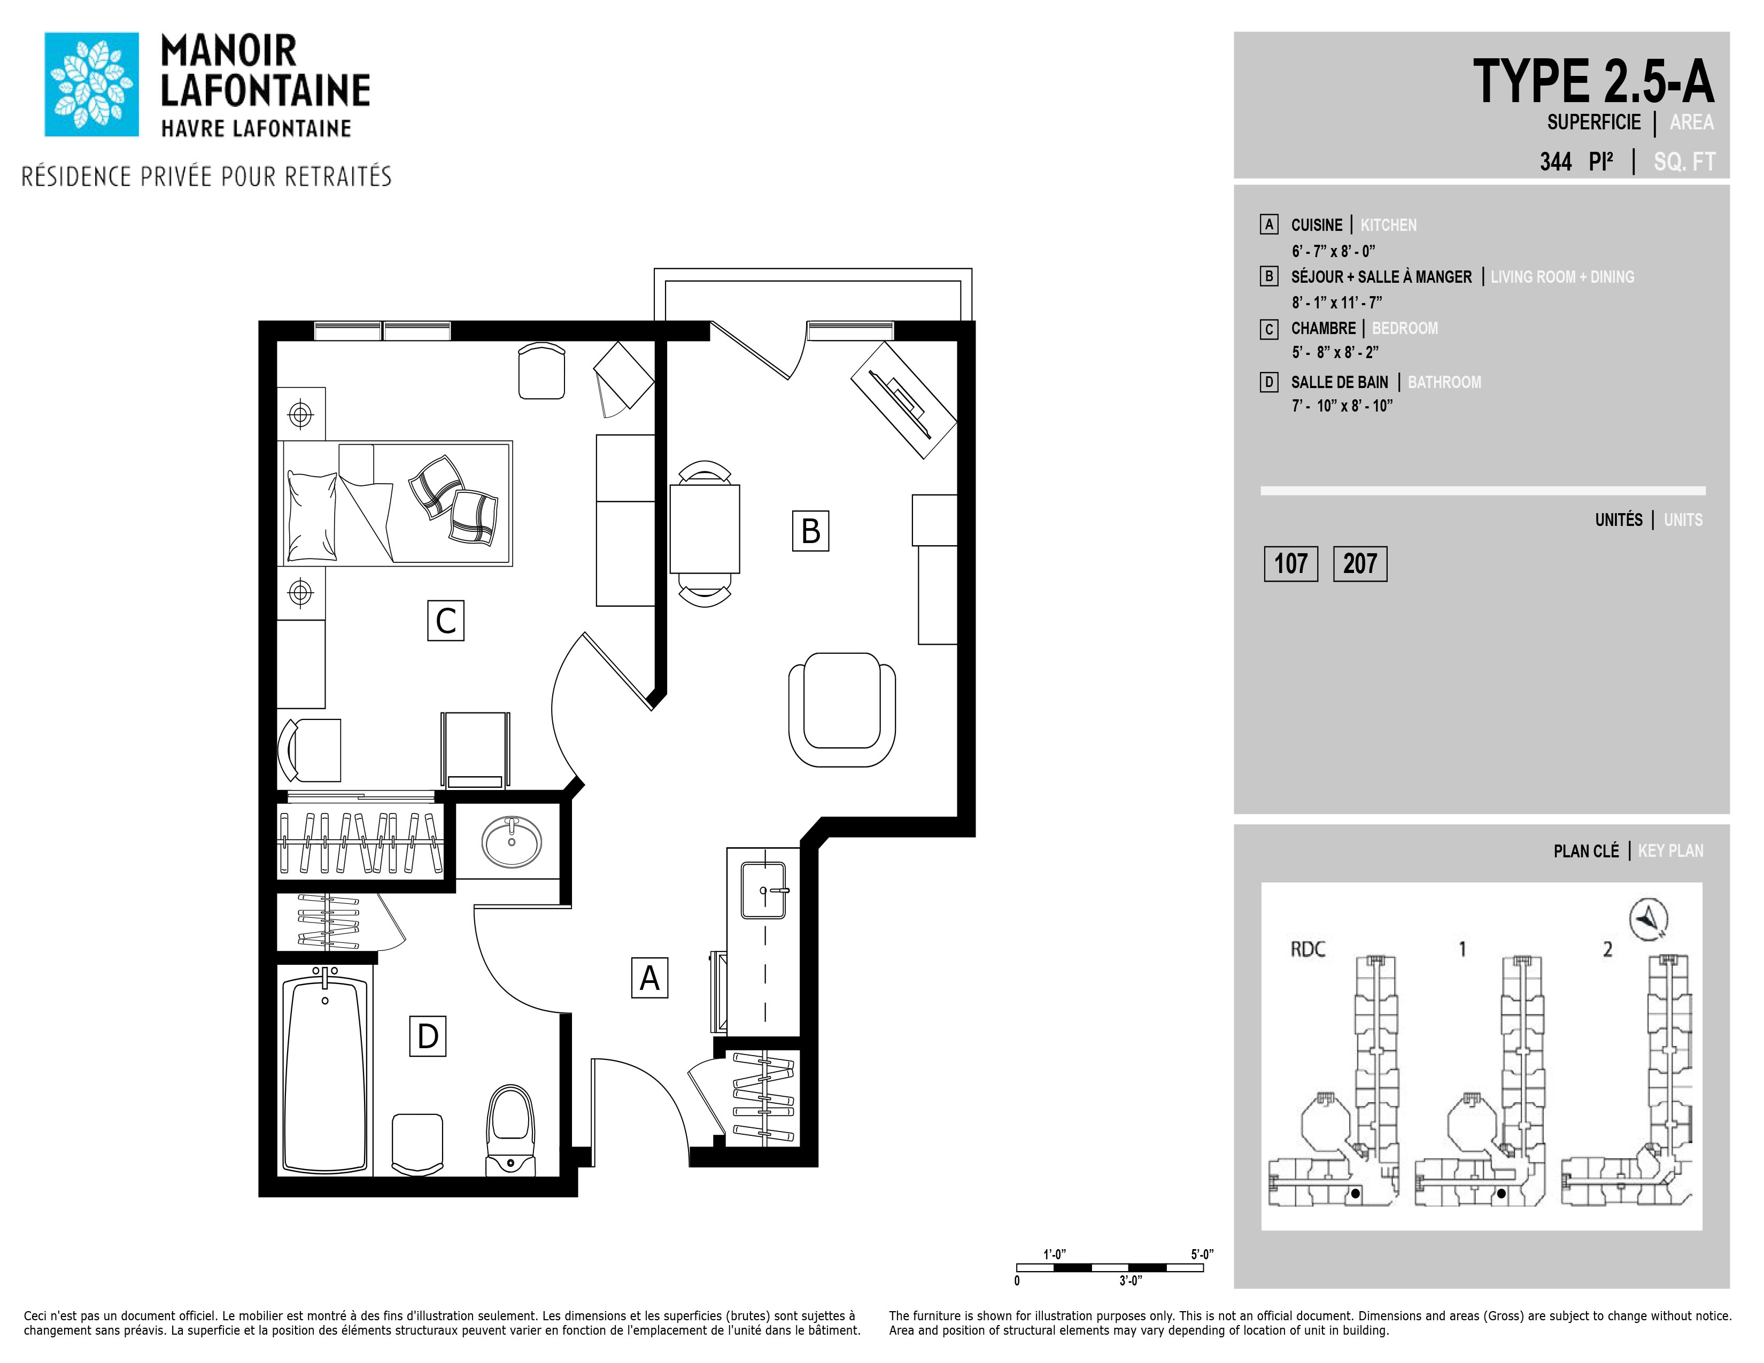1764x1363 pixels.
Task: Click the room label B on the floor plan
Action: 810,531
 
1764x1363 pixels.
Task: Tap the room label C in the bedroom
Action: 446,620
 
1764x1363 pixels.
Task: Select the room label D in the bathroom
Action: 427,1036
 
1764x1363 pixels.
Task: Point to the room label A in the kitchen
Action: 649,978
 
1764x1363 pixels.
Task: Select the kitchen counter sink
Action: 764,890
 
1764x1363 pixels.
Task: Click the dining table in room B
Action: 705,528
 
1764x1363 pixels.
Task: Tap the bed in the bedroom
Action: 395,503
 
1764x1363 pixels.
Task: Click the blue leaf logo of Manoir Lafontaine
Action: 91,84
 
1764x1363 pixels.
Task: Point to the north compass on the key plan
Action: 1649,919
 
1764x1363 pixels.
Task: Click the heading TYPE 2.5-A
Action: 1593,82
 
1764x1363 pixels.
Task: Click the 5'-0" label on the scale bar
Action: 1202,1254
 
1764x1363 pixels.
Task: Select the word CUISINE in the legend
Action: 1317,225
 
